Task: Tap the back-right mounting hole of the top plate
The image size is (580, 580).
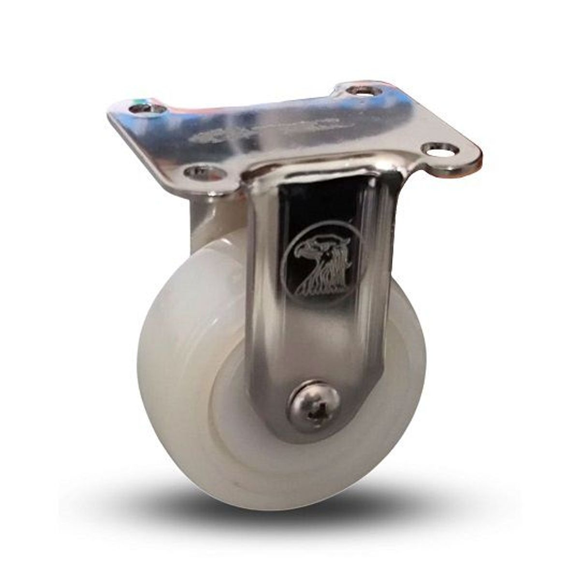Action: pyautogui.click(x=364, y=90)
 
